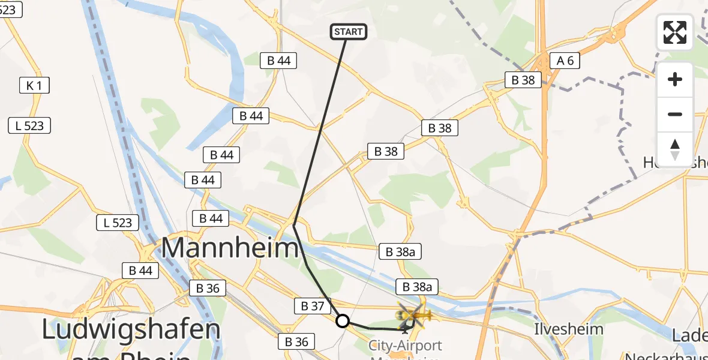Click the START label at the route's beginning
[349, 32]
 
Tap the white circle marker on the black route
[342, 321]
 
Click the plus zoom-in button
[675, 80]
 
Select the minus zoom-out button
[675, 114]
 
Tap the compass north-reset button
[675, 149]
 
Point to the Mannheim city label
[230, 248]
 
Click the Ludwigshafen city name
[131, 330]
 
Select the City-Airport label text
[405, 346]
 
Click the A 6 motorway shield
[565, 60]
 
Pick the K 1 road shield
[34, 86]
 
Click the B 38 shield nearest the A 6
[523, 80]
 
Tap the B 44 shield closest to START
[279, 60]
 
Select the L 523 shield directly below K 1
[29, 125]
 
